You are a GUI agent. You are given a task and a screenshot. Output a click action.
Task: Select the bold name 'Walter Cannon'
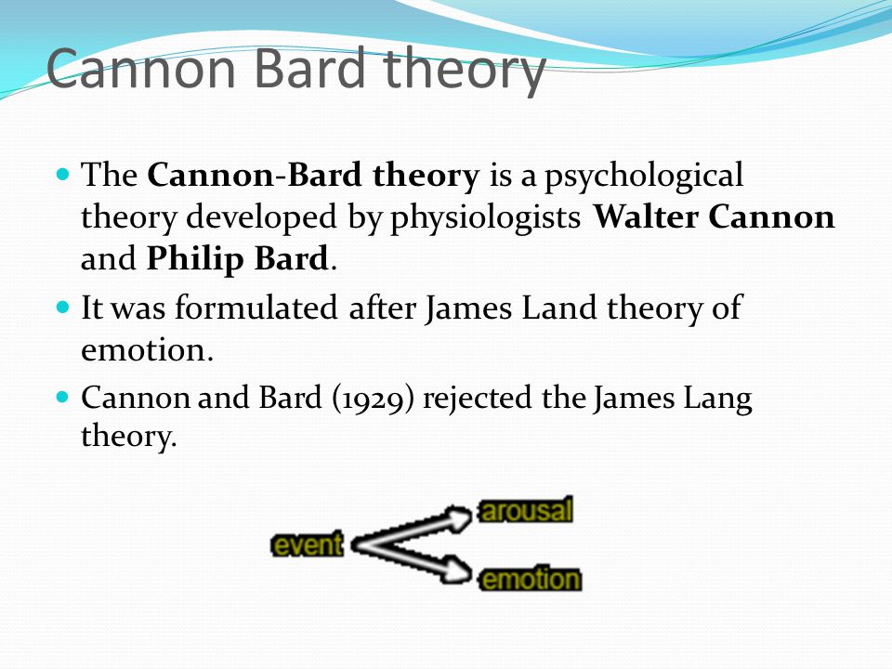click(x=714, y=216)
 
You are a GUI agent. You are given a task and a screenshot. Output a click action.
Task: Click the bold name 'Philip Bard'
click(x=238, y=258)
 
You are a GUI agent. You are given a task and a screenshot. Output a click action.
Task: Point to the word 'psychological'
click(x=643, y=176)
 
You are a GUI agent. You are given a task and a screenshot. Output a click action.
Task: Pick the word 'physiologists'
click(x=485, y=217)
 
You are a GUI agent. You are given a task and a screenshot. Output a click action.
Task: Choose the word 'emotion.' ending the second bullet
click(x=148, y=350)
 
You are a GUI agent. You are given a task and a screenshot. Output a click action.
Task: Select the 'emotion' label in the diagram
click(x=531, y=580)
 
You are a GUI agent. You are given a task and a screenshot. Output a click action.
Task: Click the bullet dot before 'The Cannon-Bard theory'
click(x=63, y=174)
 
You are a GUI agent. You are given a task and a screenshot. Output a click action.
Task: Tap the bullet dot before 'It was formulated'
click(x=63, y=308)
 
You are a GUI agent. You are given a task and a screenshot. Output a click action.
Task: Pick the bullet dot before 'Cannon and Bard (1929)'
click(x=63, y=397)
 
